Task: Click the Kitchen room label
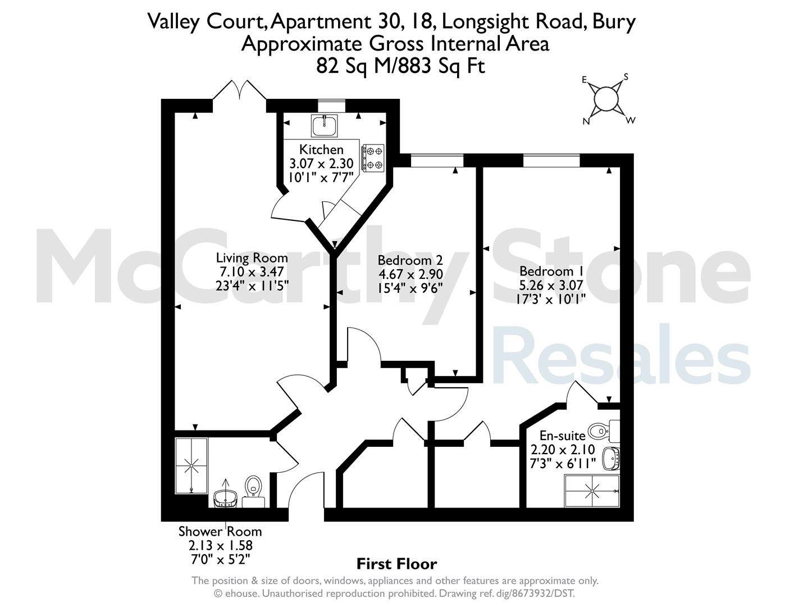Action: (x=321, y=150)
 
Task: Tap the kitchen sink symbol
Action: (x=325, y=125)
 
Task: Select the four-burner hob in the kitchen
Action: (x=373, y=157)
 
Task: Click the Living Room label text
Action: (x=252, y=258)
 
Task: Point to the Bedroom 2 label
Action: (x=410, y=260)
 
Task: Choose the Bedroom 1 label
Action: (x=551, y=271)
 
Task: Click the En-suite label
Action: (x=563, y=436)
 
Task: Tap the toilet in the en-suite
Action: (x=603, y=431)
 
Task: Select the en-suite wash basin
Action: (x=611, y=458)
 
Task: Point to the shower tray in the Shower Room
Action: (x=191, y=465)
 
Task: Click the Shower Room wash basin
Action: (x=225, y=499)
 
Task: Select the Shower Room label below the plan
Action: (x=220, y=532)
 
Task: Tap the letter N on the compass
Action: (x=586, y=122)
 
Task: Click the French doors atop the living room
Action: (x=240, y=90)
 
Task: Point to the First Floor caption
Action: (x=396, y=564)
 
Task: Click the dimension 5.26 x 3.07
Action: (x=551, y=286)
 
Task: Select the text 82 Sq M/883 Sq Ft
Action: (x=400, y=66)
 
